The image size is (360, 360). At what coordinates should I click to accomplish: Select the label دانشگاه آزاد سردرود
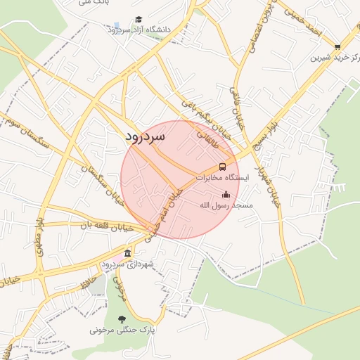(140, 30)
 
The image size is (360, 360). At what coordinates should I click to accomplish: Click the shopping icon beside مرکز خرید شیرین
(337, 46)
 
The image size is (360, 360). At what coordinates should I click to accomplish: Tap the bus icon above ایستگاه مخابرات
(222, 167)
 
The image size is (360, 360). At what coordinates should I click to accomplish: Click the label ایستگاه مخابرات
(222, 178)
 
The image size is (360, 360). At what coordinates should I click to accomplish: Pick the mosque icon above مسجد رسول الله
(226, 194)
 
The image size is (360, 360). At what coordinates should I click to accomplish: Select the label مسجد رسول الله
(226, 205)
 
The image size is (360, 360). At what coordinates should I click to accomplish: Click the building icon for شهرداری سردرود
(127, 253)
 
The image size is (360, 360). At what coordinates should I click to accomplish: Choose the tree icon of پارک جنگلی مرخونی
(122, 319)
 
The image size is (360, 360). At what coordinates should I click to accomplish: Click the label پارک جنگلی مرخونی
(122, 328)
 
